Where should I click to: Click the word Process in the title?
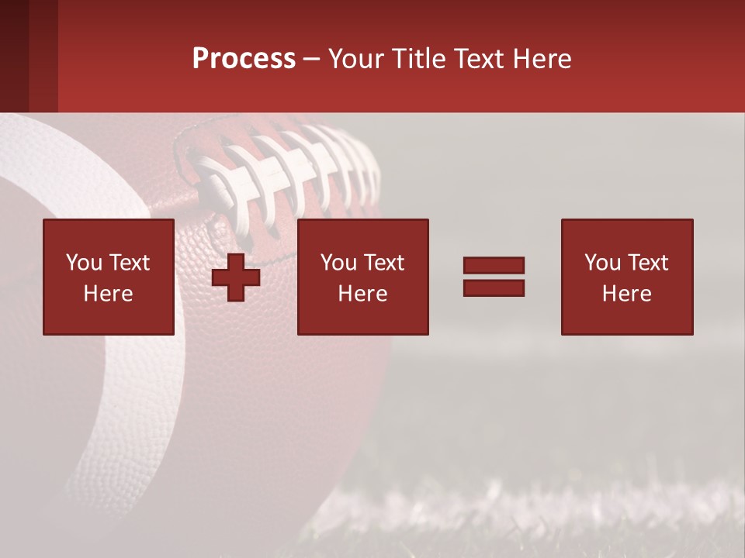pos(244,59)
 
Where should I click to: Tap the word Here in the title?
pos(541,59)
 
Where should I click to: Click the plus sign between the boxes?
pos(236,277)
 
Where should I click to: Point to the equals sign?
pos(494,277)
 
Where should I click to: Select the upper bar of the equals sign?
pos(494,266)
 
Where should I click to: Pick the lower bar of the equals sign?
pos(494,288)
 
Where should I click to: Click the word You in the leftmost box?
pos(84,263)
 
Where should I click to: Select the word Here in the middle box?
pos(363,294)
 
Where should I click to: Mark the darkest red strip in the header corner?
pos(14,56)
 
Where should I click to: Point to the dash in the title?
pos(312,60)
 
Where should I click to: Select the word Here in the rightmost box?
pos(627,294)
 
